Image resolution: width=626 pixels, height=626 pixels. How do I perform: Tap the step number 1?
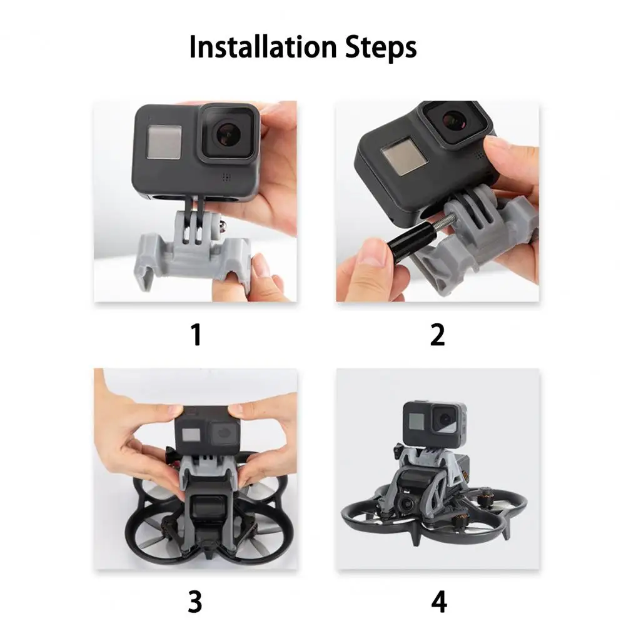coord(196,335)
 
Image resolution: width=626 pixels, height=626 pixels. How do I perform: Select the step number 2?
coord(438,335)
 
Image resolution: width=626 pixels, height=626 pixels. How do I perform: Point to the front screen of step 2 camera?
coord(403,158)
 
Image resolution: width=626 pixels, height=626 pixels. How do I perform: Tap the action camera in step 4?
coord(435,423)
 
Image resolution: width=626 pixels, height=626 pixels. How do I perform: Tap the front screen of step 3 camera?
coord(190,435)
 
